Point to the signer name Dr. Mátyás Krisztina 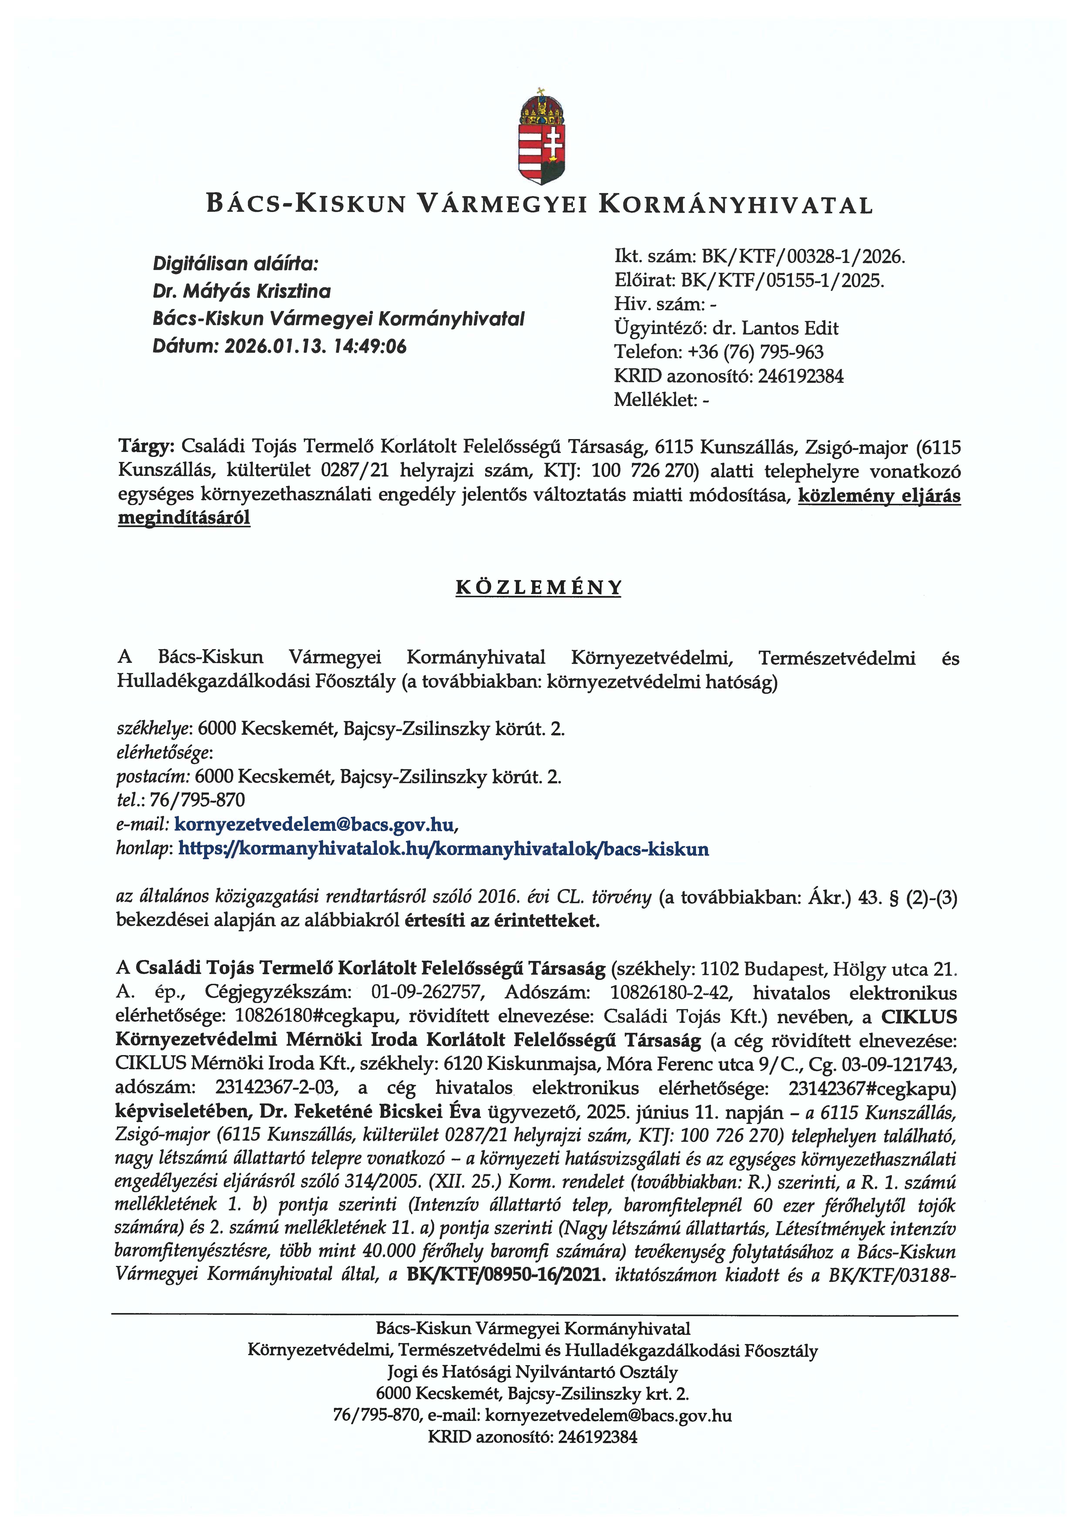click(x=242, y=291)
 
